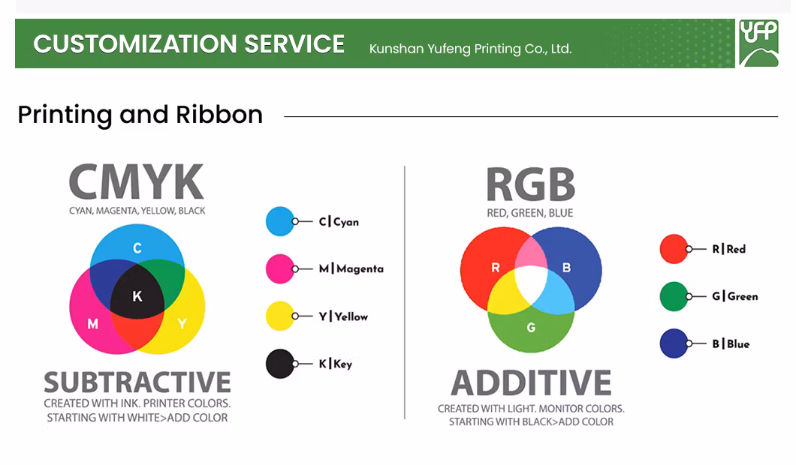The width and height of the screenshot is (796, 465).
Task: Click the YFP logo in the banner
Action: tap(758, 43)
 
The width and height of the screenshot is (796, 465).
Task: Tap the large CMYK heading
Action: tap(137, 181)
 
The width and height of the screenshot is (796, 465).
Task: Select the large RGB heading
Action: tap(530, 184)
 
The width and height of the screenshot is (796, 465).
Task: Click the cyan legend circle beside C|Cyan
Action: tap(280, 221)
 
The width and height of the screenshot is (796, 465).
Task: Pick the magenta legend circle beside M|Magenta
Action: tap(280, 268)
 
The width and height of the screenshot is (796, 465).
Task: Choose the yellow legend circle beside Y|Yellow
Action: tap(280, 316)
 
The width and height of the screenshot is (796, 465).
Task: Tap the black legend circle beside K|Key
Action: tap(280, 364)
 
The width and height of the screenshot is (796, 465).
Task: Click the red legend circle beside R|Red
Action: tap(674, 249)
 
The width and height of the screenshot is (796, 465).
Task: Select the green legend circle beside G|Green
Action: tap(674, 296)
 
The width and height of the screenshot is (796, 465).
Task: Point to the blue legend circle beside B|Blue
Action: tap(674, 343)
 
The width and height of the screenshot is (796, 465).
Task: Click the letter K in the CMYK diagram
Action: tap(137, 296)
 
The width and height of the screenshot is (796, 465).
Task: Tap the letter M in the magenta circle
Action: tap(92, 323)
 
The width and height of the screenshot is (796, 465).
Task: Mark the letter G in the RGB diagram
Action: tap(531, 328)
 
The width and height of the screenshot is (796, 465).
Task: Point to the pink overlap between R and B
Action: tap(531, 252)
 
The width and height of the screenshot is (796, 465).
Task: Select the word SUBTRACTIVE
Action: tap(137, 382)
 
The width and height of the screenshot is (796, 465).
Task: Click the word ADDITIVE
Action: tap(531, 382)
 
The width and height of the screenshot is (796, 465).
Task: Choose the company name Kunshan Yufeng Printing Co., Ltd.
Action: tap(471, 49)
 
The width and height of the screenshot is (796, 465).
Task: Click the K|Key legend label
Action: tap(335, 364)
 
